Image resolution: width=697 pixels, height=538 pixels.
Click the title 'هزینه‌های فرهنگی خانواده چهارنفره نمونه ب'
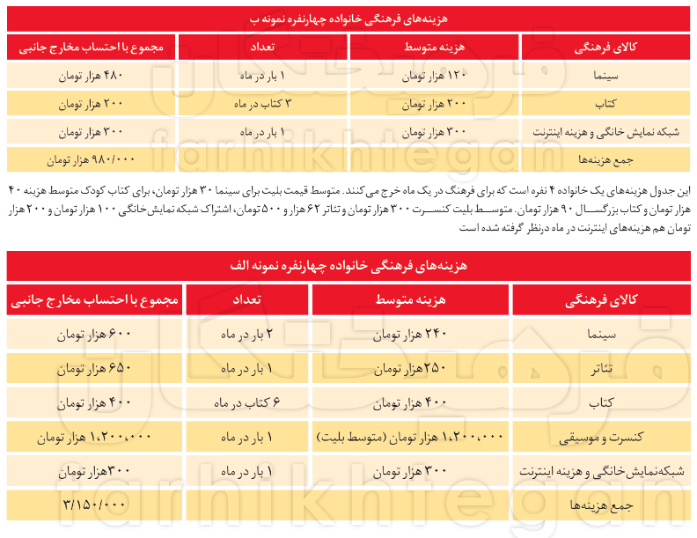click(x=348, y=17)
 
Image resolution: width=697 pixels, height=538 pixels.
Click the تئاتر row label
click(x=600, y=370)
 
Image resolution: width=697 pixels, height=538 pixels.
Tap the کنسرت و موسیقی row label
click(x=600, y=437)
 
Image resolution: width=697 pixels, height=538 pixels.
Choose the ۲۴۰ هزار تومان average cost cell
click(x=410, y=335)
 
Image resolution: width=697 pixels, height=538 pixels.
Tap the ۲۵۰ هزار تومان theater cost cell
click(x=410, y=370)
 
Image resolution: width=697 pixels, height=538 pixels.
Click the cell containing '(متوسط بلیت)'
click(x=410, y=437)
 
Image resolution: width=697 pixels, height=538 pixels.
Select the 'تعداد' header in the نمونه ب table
click(x=262, y=47)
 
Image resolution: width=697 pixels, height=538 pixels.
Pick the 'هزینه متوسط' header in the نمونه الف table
click(x=410, y=300)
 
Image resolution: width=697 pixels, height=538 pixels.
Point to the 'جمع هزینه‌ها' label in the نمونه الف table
click(x=600, y=505)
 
